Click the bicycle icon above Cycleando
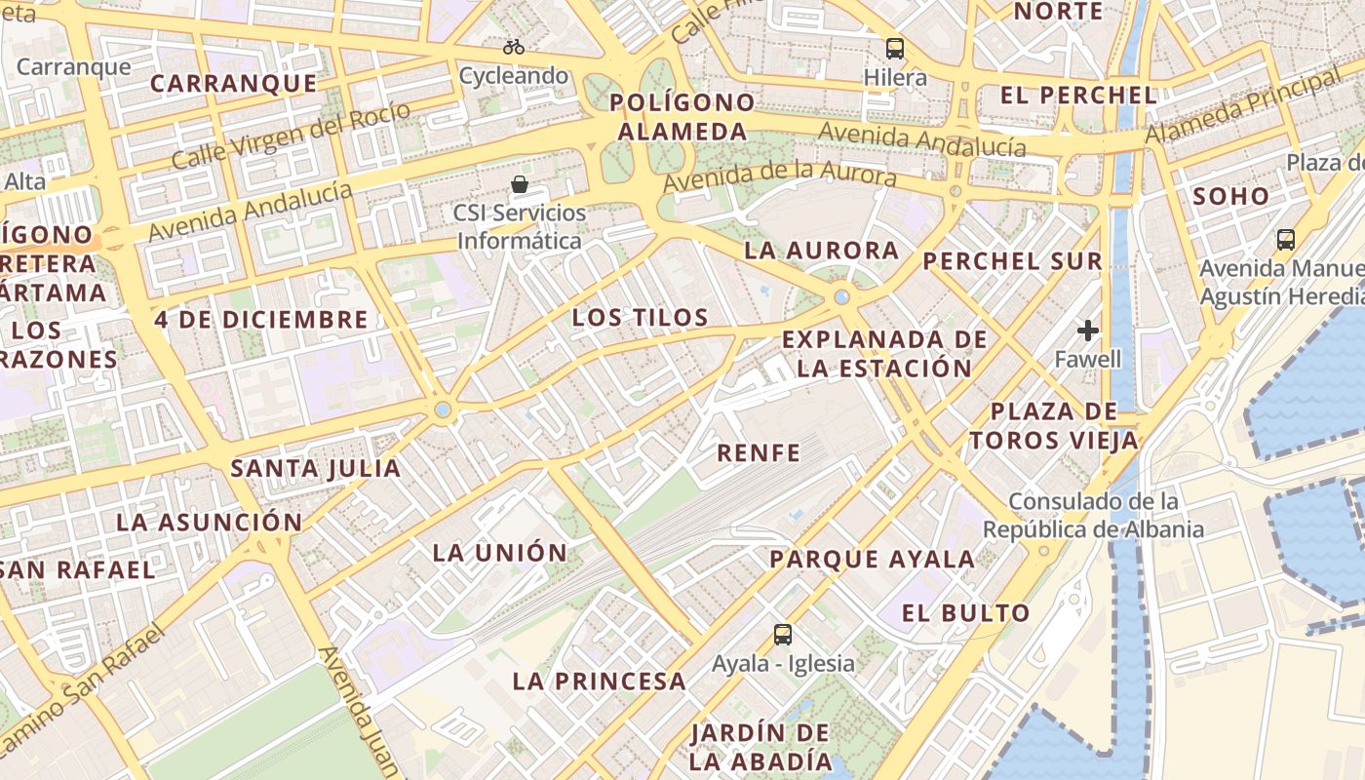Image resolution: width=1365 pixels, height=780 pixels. pyautogui.click(x=514, y=46)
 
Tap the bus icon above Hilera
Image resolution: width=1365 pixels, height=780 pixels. pyautogui.click(x=894, y=48)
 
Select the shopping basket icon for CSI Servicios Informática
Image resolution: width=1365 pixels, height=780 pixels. pyautogui.click(x=521, y=183)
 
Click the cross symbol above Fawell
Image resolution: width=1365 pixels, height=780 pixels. pyautogui.click(x=1088, y=331)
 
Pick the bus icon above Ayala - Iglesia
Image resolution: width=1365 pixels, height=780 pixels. pyautogui.click(x=782, y=635)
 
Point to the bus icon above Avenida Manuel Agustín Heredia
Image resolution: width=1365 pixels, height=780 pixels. pyautogui.click(x=1285, y=239)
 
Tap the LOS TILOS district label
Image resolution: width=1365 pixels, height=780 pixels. pyautogui.click(x=640, y=317)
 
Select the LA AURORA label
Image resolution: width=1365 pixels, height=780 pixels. pyautogui.click(x=821, y=250)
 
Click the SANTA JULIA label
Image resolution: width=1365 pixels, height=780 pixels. pyautogui.click(x=315, y=468)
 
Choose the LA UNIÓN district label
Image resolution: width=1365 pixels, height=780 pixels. pyautogui.click(x=499, y=552)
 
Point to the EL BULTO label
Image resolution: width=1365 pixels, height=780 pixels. pyautogui.click(x=965, y=612)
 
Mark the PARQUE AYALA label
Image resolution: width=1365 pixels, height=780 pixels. pyautogui.click(x=872, y=559)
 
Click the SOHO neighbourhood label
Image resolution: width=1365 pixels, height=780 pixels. pyautogui.click(x=1231, y=195)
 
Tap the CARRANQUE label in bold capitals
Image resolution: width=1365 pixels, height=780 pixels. pyautogui.click(x=234, y=83)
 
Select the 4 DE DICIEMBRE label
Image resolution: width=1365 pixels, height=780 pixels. pyautogui.click(x=261, y=319)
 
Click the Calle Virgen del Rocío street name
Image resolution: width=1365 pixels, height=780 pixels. pyautogui.click(x=291, y=135)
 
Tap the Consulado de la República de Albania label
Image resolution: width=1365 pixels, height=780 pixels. pyautogui.click(x=1093, y=515)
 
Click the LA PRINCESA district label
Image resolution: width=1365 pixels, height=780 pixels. pyautogui.click(x=599, y=681)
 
